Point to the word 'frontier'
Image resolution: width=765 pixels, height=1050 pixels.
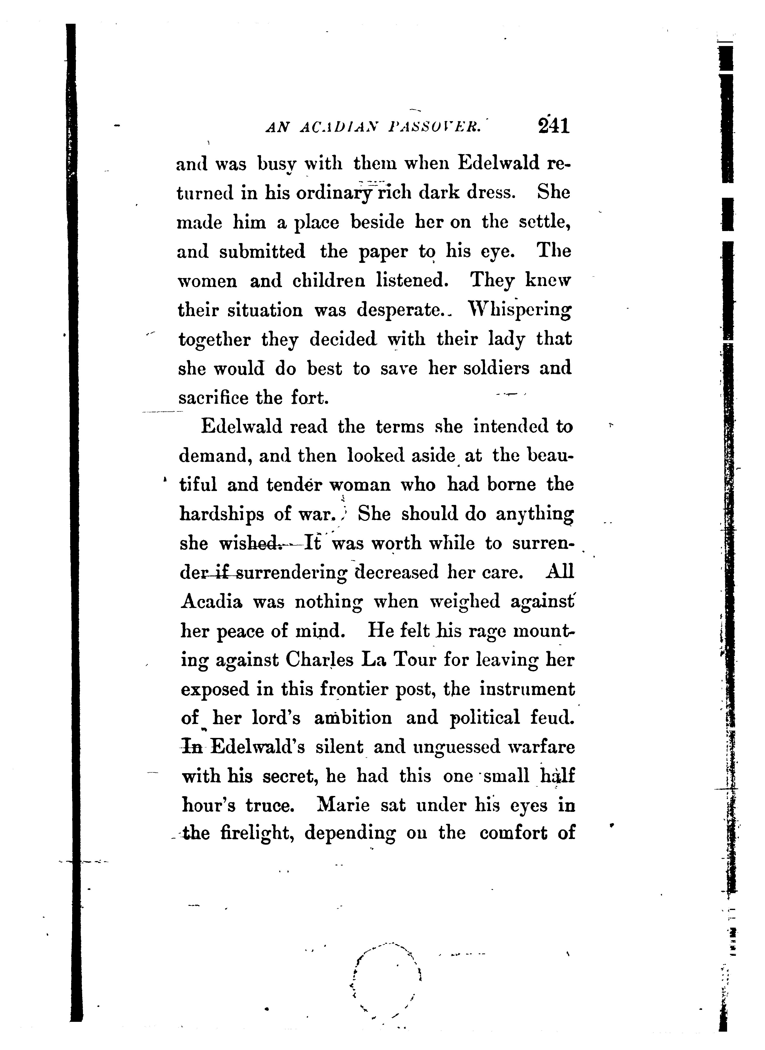pos(354,690)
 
